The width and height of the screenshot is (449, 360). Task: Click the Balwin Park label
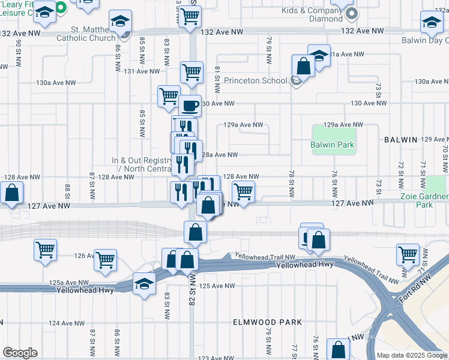click(332, 145)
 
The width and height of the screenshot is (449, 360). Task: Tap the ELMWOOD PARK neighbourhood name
click(267, 322)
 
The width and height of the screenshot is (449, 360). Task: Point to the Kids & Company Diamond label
click(315, 15)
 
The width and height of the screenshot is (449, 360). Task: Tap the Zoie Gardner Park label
click(424, 200)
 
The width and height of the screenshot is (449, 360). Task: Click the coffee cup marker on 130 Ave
click(190, 106)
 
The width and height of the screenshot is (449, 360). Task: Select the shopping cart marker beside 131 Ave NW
click(191, 71)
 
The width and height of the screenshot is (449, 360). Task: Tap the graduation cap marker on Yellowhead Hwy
click(144, 284)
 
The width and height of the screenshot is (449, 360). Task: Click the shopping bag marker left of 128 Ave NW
click(11, 193)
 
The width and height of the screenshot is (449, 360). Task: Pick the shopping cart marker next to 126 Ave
click(106, 259)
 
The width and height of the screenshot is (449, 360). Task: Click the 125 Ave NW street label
click(211, 286)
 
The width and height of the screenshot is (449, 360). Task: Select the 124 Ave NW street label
click(62, 323)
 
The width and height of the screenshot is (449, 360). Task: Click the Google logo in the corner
click(20, 353)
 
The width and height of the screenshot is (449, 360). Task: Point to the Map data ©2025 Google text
click(411, 355)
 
